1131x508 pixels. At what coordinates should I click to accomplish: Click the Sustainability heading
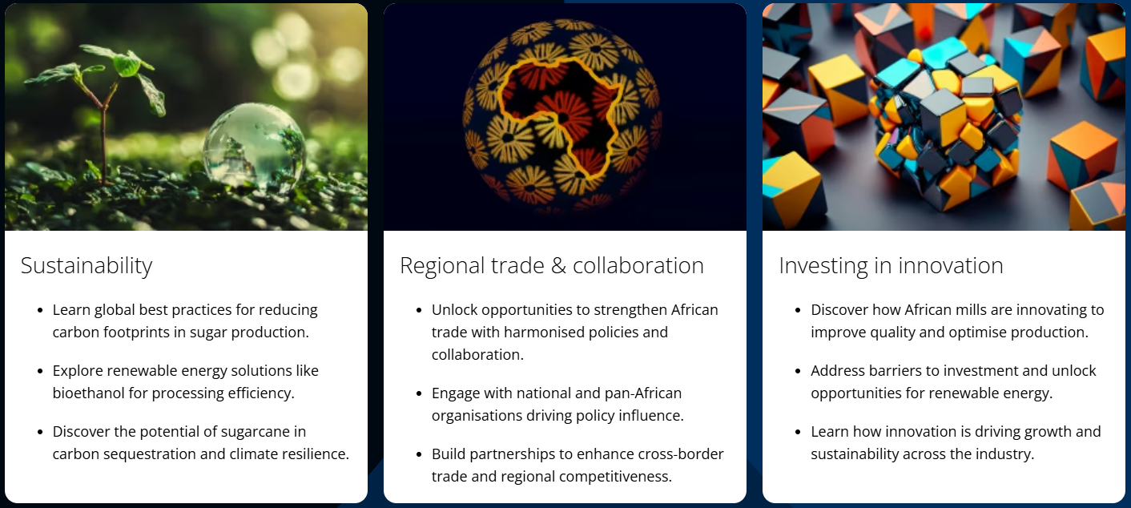87,266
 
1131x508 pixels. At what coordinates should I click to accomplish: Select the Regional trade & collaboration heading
552,266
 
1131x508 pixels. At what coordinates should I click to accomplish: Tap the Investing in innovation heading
891,266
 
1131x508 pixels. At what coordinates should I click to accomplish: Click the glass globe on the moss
255,147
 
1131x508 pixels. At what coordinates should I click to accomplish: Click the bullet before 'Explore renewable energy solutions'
40,371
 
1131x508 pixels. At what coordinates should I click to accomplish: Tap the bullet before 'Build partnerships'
419,454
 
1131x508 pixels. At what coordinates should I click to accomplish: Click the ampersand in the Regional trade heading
558,266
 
